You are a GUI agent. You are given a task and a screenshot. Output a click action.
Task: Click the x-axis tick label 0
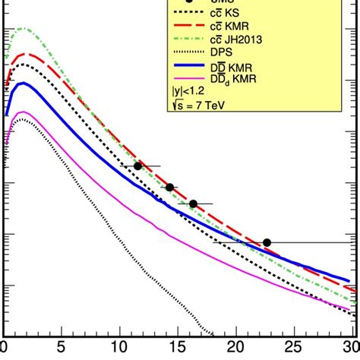pyautogui.click(x=6, y=350)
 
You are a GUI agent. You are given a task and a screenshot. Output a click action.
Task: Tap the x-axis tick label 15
pyautogui.click(x=179, y=350)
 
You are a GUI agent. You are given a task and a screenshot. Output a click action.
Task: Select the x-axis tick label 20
pyautogui.click(x=237, y=350)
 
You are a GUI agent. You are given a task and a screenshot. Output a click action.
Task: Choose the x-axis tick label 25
pyautogui.click(x=295, y=350)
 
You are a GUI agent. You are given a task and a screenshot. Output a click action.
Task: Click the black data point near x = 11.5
pyautogui.click(x=137, y=166)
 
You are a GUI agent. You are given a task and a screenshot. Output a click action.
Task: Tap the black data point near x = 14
pyautogui.click(x=169, y=187)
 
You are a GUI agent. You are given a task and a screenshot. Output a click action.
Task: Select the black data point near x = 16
pyautogui.click(x=193, y=204)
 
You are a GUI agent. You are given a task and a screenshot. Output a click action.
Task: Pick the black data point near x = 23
pyautogui.click(x=267, y=242)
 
